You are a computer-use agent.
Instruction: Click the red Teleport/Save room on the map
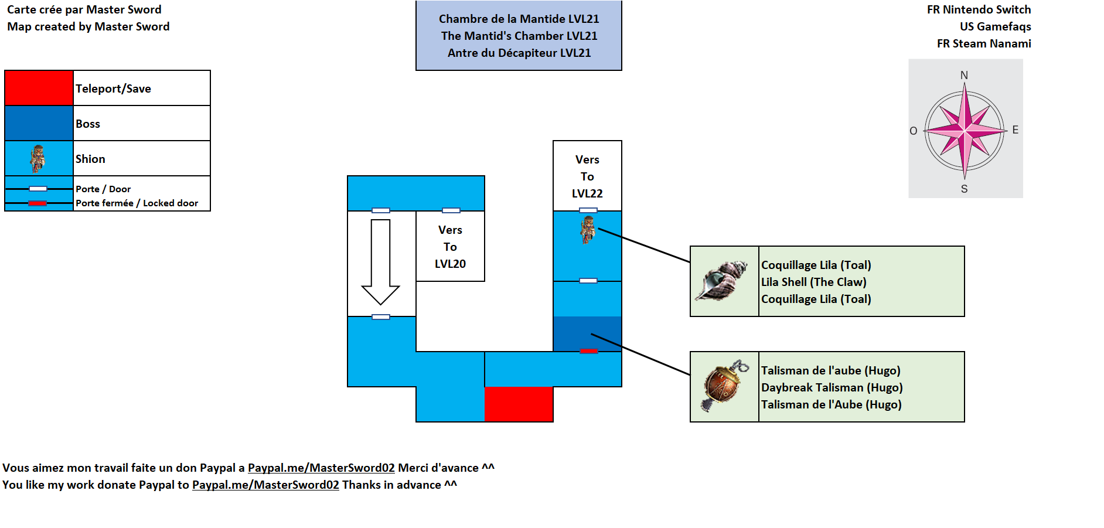tap(519, 404)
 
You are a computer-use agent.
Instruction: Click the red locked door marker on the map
tap(588, 351)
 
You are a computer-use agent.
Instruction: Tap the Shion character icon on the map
tap(588, 229)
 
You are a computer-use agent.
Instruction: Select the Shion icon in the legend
tap(38, 158)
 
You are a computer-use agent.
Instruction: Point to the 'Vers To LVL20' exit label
tap(450, 247)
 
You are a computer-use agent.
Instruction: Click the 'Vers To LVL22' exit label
tap(587, 176)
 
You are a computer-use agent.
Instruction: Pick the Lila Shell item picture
tap(724, 281)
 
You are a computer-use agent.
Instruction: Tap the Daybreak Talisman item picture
tap(724, 387)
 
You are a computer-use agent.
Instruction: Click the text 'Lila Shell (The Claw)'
tap(813, 282)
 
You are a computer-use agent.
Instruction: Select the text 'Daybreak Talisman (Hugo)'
tap(832, 387)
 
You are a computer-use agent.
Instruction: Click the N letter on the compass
tap(964, 76)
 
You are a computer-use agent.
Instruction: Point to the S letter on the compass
tap(964, 189)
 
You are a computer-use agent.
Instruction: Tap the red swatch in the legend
tap(39, 88)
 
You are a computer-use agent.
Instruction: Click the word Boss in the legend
tap(88, 124)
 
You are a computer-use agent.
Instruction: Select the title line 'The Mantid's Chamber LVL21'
tap(519, 36)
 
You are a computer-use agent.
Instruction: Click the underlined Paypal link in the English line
tap(265, 485)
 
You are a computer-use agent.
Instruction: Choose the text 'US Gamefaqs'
tap(995, 26)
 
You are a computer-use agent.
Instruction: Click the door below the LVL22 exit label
tap(588, 210)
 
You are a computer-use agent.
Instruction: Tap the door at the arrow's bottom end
tap(381, 317)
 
